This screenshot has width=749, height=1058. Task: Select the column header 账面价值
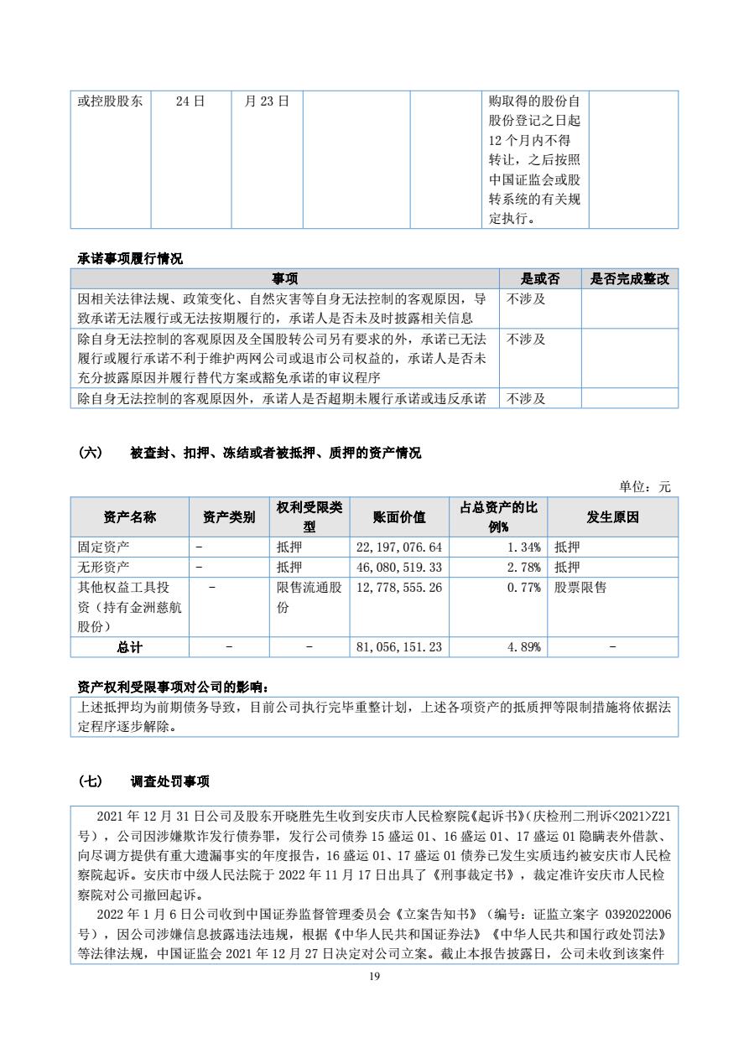tap(399, 517)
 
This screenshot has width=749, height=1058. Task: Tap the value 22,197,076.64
tap(399, 547)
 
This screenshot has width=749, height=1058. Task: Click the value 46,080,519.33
tap(399, 568)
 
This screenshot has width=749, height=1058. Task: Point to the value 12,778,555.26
tap(399, 588)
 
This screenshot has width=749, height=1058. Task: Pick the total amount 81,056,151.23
tap(399, 647)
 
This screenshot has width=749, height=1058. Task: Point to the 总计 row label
tap(129, 647)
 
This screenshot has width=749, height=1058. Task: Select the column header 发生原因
tap(612, 517)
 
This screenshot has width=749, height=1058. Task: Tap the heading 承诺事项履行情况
tap(130, 259)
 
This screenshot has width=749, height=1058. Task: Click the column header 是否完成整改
tap(629, 279)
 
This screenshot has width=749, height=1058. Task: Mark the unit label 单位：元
tap(645, 486)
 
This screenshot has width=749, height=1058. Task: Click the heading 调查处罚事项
tap(169, 781)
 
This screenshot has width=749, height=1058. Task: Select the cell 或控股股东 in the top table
tap(110, 101)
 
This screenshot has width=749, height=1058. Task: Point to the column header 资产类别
tap(229, 517)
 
